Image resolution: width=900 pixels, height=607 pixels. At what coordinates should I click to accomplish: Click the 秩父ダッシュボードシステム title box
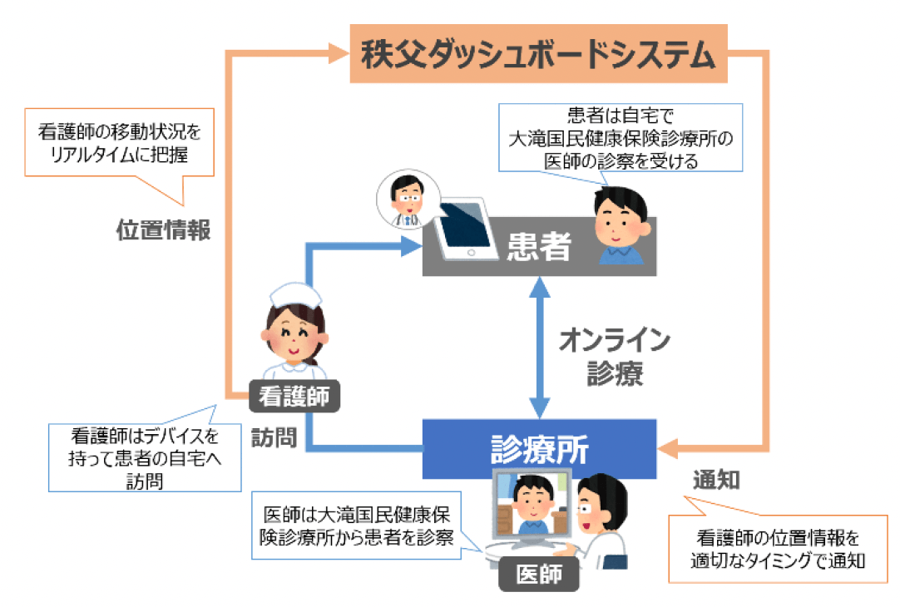tap(538, 54)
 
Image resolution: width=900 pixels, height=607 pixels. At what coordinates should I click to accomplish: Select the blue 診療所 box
tap(539, 449)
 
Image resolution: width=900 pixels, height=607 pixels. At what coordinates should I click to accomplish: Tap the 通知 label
tap(716, 481)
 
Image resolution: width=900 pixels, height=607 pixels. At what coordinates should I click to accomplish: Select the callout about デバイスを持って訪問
tap(133, 456)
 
